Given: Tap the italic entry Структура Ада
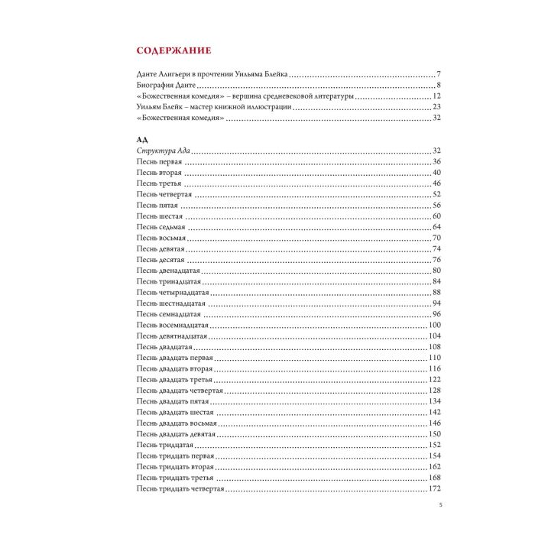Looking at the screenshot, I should coord(160,151).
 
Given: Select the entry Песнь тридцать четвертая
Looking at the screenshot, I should coord(180,488).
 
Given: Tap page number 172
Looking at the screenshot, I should coord(436,488).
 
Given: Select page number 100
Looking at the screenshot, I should coord(436,325).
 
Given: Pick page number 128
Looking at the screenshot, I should coord(436,390).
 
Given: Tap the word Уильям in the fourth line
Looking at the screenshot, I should coord(151,107).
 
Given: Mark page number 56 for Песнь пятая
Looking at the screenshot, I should coord(437,205).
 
